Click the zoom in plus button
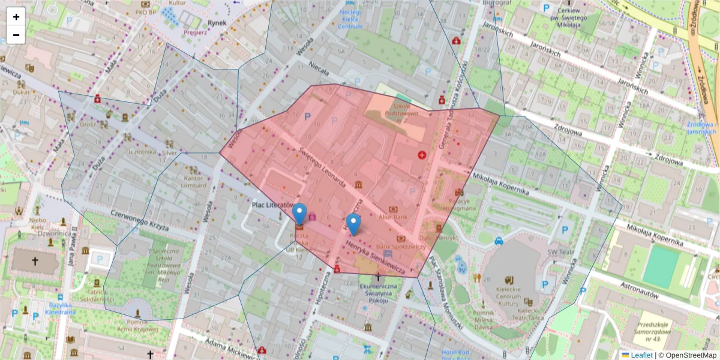[x=16, y=17]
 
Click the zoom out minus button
[x=16, y=35]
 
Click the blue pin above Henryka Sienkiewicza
[x=354, y=224]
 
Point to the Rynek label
[x=217, y=23]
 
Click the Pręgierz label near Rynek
[x=196, y=32]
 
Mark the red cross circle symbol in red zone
[x=422, y=155]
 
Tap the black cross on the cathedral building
[x=35, y=261]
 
